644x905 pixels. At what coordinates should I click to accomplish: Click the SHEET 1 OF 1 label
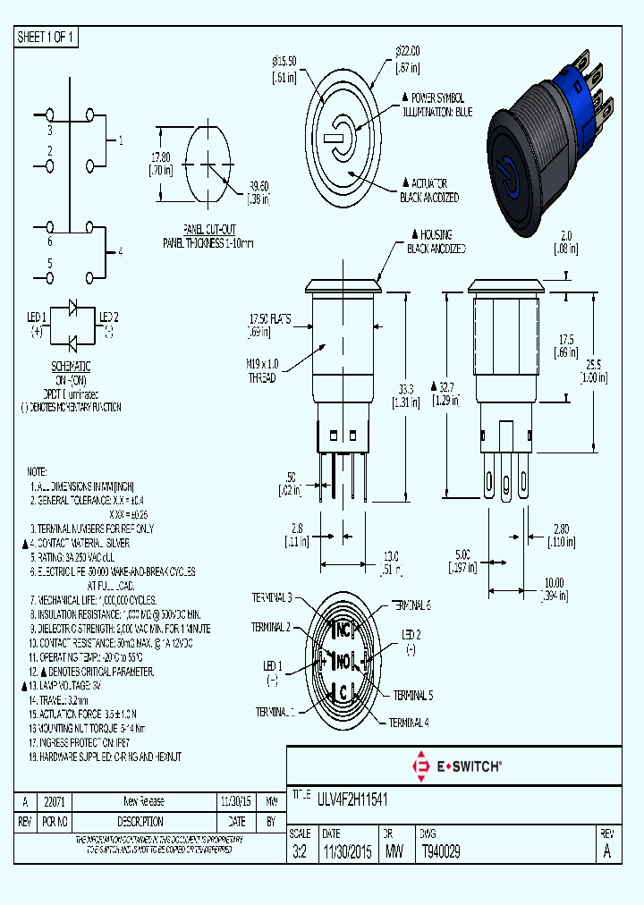click(46, 38)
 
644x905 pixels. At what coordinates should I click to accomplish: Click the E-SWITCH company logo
click(455, 765)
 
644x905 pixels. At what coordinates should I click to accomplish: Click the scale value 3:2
click(300, 852)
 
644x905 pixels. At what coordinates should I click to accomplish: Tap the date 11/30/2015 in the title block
click(346, 852)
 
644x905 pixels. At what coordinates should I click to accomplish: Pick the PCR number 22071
click(55, 801)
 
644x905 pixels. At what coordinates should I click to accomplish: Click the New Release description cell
click(143, 801)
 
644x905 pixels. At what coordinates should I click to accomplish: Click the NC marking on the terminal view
click(343, 630)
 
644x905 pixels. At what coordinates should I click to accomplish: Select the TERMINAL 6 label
click(411, 605)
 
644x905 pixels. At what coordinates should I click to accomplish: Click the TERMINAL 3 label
click(271, 597)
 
